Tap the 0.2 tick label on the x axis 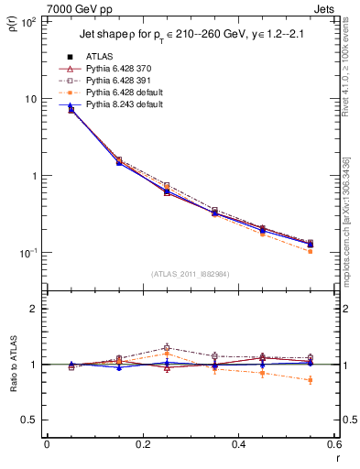142,444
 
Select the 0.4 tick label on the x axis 237,444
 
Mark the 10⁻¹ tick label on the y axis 27,253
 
